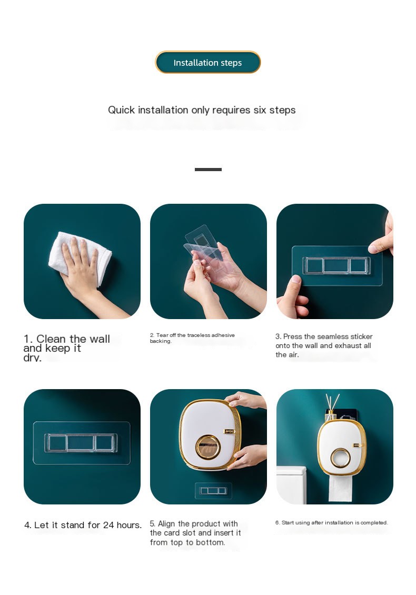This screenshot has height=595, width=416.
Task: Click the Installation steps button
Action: point(207,62)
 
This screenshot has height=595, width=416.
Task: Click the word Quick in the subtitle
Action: point(121,110)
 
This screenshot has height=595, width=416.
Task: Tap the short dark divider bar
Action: point(208,169)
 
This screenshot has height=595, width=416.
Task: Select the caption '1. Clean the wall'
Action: point(67,339)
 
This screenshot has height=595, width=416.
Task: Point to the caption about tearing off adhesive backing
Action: point(192,338)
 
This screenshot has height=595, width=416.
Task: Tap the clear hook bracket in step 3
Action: point(336,265)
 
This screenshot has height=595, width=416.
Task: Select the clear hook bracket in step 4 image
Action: point(81,443)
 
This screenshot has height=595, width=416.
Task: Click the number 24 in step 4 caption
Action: point(108,525)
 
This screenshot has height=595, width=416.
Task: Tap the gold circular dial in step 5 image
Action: point(207,447)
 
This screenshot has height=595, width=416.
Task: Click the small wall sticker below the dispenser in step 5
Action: point(213,491)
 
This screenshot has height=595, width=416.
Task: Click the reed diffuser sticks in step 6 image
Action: point(332,403)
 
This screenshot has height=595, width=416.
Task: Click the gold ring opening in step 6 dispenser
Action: point(341,458)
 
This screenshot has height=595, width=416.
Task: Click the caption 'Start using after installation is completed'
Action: point(331,523)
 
